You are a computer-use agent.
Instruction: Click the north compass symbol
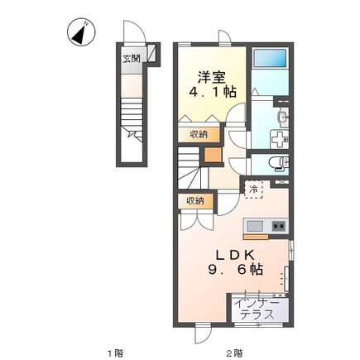click(x=81, y=32)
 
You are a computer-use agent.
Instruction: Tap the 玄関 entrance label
click(x=132, y=59)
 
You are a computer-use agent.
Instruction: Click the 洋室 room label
click(x=212, y=78)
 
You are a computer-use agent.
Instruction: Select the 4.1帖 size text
click(x=212, y=92)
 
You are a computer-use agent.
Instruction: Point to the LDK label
click(x=234, y=256)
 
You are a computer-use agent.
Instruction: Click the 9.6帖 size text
click(x=235, y=269)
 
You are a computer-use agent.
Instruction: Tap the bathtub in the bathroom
click(x=270, y=58)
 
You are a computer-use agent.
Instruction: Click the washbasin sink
click(x=283, y=118)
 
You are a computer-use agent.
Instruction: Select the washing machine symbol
click(x=280, y=139)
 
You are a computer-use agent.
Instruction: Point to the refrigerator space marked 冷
click(x=253, y=190)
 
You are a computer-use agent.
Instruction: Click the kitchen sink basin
click(x=255, y=227)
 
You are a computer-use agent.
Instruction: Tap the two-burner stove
click(x=279, y=226)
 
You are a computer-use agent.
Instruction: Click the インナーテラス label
click(x=257, y=309)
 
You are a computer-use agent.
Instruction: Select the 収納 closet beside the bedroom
click(x=199, y=135)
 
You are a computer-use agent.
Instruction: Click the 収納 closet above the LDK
click(x=195, y=201)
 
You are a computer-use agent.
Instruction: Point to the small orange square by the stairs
click(x=213, y=155)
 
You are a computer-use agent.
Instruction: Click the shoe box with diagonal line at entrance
click(x=152, y=53)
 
